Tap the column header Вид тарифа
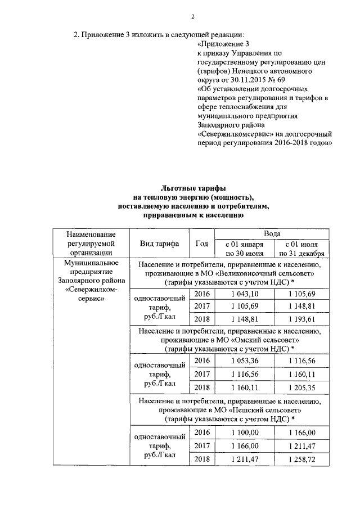coord(160,243)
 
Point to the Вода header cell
coord(273,233)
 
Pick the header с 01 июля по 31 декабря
coord(304,249)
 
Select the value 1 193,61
coord(304,319)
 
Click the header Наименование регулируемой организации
coord(91,243)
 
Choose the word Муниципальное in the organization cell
coord(91,263)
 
